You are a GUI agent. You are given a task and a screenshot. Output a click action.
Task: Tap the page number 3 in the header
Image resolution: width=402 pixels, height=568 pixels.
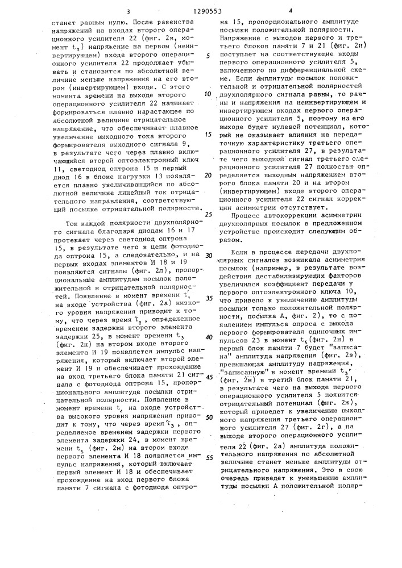tap(129, 11)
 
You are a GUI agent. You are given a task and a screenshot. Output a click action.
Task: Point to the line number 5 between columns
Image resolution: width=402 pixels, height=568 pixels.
tap(208, 56)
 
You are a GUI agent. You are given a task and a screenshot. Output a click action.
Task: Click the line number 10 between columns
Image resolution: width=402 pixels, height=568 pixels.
tap(208, 94)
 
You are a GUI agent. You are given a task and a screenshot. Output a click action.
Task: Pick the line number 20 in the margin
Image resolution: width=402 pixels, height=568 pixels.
tap(208, 176)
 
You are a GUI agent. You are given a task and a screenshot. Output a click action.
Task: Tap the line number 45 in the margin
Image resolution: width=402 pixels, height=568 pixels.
tap(208, 377)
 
